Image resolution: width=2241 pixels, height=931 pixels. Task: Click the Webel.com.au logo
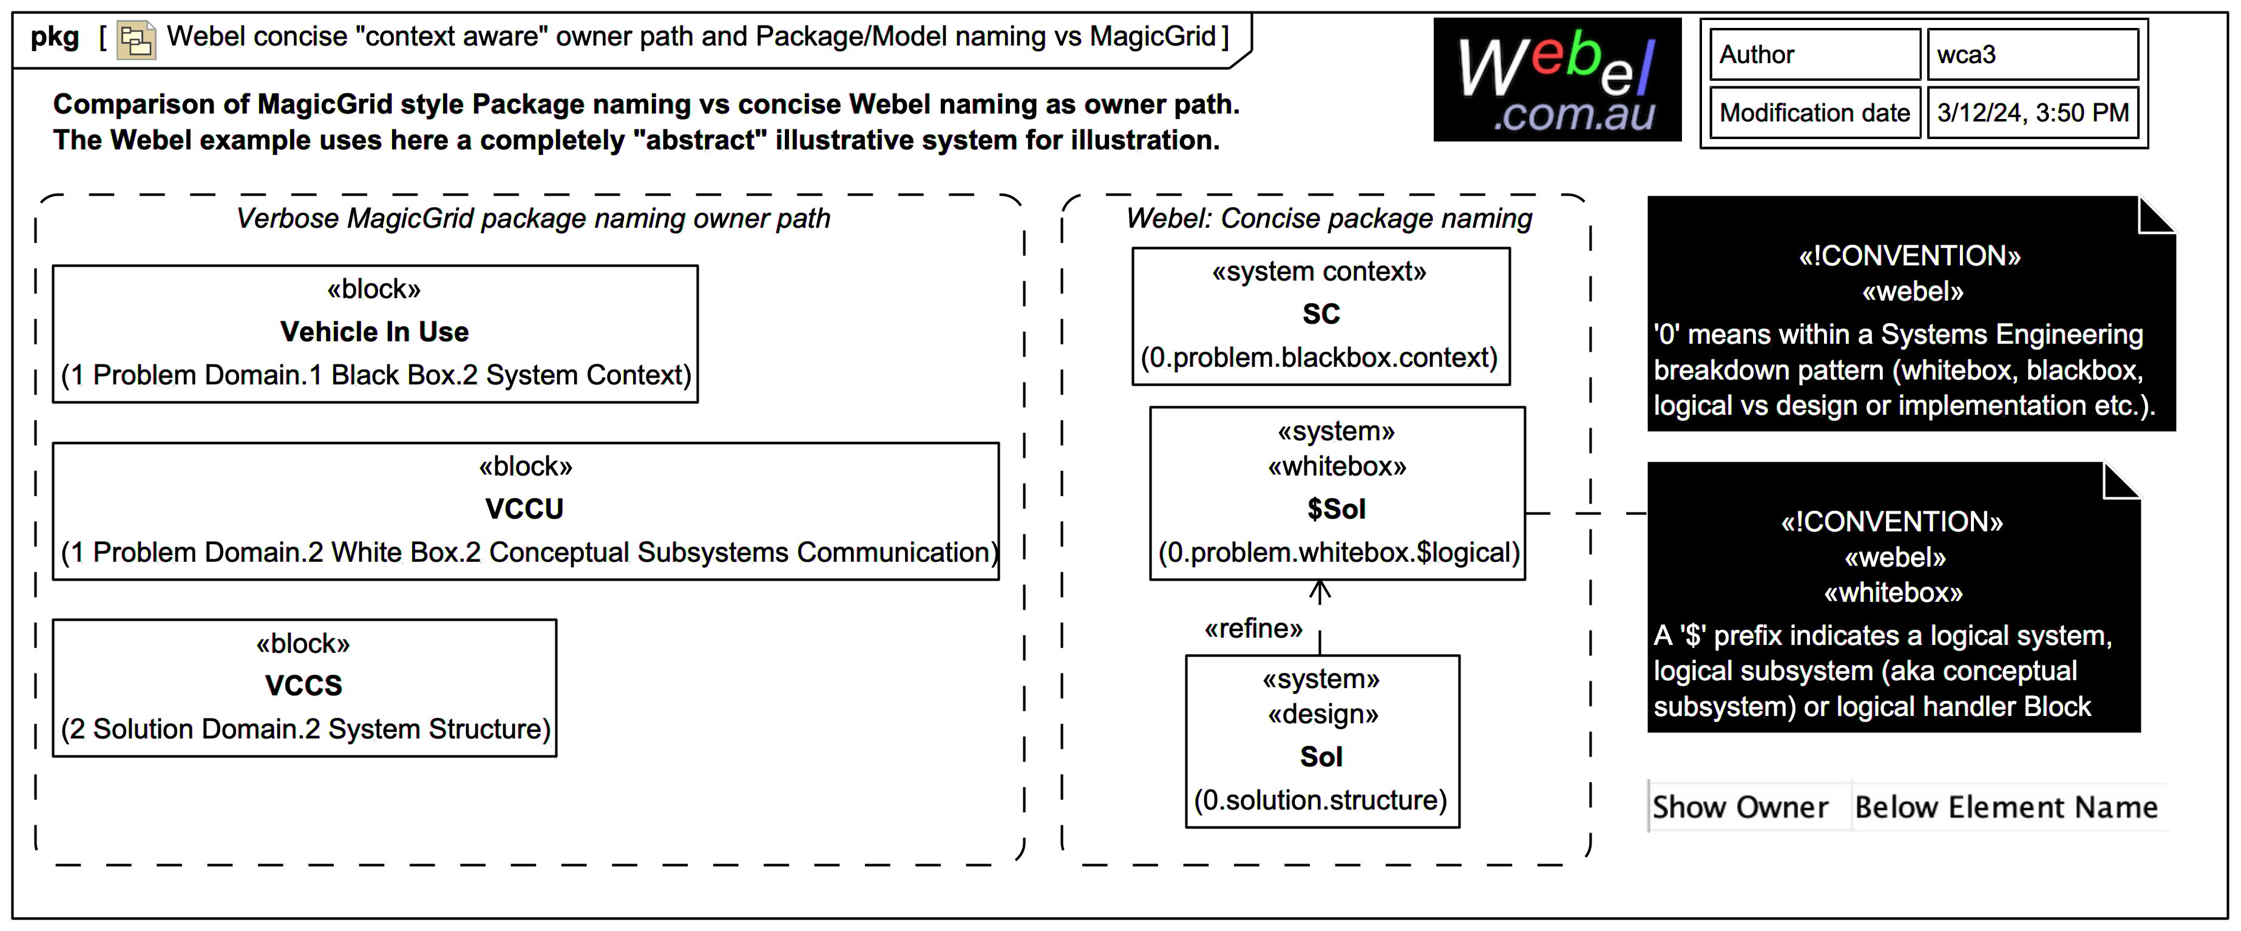pyautogui.click(x=1556, y=80)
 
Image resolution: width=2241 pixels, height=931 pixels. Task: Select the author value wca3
pyautogui.click(x=2032, y=55)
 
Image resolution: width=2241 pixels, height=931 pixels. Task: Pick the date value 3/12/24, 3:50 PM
pyautogui.click(x=2032, y=113)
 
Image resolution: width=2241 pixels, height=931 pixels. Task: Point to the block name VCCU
pyautogui.click(x=524, y=509)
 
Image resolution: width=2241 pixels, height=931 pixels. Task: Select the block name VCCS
pyautogui.click(x=303, y=686)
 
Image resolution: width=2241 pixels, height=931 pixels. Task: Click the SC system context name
pyautogui.click(x=1321, y=314)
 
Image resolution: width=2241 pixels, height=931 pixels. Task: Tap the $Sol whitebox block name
pyautogui.click(x=1336, y=509)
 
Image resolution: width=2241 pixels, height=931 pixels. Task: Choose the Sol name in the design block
pyautogui.click(x=1321, y=757)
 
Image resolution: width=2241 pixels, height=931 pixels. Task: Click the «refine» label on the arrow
pyautogui.click(x=1253, y=628)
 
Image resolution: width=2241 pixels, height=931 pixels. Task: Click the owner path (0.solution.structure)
pyautogui.click(x=1321, y=800)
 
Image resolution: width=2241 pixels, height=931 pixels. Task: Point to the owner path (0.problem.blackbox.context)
pyautogui.click(x=1319, y=358)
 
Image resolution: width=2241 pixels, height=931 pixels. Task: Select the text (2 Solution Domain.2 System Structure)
pyautogui.click(x=305, y=729)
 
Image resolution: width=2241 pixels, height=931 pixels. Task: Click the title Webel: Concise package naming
pyautogui.click(x=1329, y=219)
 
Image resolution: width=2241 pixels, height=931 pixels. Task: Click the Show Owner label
pyautogui.click(x=1740, y=808)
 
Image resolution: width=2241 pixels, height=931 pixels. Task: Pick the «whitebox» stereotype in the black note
pyautogui.click(x=1893, y=593)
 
